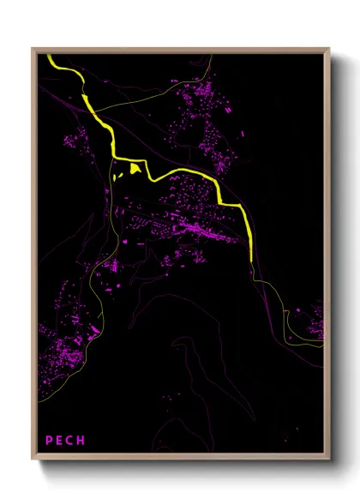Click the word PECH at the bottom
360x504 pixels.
65,441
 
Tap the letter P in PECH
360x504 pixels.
49,441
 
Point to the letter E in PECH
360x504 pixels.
59,441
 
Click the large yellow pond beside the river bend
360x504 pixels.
135,170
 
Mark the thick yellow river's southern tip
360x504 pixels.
250,260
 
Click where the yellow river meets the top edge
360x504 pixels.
51,57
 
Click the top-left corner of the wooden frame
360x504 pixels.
33,49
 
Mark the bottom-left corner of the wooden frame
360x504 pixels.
33,460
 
